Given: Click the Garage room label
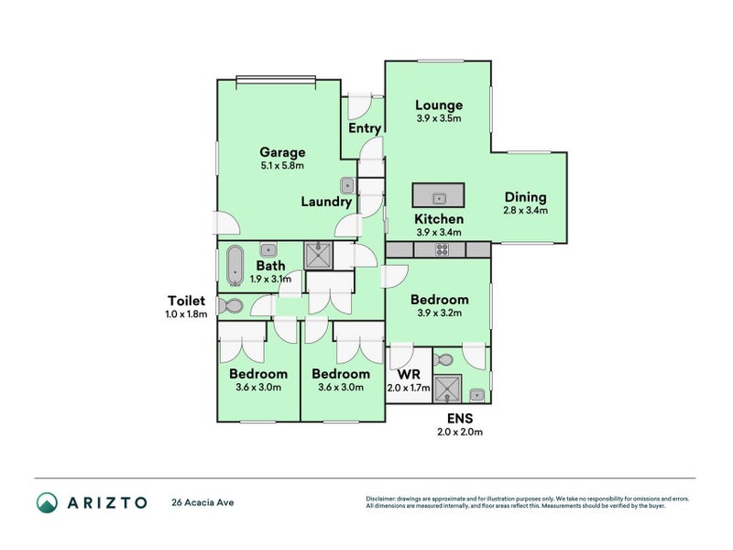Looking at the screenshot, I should point(281,152).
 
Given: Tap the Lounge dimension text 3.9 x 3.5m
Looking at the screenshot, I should point(438,118).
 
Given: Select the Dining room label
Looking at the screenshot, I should point(525,196).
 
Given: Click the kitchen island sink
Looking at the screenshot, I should point(438,196).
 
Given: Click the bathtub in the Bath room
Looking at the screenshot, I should point(234,265).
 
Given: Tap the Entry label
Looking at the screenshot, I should point(364,128).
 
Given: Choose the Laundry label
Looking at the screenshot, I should point(326,202).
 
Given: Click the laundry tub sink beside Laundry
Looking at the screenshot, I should point(348,185).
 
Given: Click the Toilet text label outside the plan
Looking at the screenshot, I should point(186,300).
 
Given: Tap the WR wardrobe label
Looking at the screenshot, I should point(408,374).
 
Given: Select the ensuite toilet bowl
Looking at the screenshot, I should point(445,358).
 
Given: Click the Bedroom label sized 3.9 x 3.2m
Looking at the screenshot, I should point(439,300).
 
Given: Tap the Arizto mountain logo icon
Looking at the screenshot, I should point(47,502).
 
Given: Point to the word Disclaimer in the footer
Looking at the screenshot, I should point(383,499).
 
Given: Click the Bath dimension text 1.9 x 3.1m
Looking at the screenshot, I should point(264,279).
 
